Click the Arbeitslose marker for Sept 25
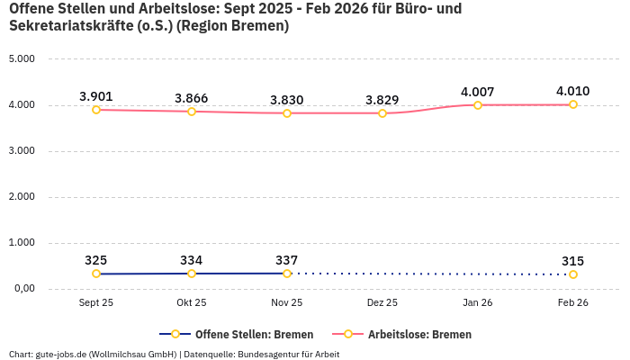(x=96, y=110)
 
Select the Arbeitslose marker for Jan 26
(x=478, y=105)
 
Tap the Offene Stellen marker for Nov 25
(x=287, y=274)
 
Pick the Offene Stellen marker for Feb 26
(x=573, y=274)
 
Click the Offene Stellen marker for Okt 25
(x=192, y=274)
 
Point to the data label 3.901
(x=96, y=96)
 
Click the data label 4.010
(x=573, y=91)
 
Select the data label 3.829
(x=382, y=99)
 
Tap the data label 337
(x=287, y=260)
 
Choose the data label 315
(x=573, y=261)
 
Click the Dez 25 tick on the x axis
(x=382, y=303)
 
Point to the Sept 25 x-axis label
(x=96, y=303)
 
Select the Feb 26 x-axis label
(x=573, y=303)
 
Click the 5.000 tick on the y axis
(x=22, y=59)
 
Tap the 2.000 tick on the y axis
(x=22, y=197)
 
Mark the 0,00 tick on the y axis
(x=22, y=289)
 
